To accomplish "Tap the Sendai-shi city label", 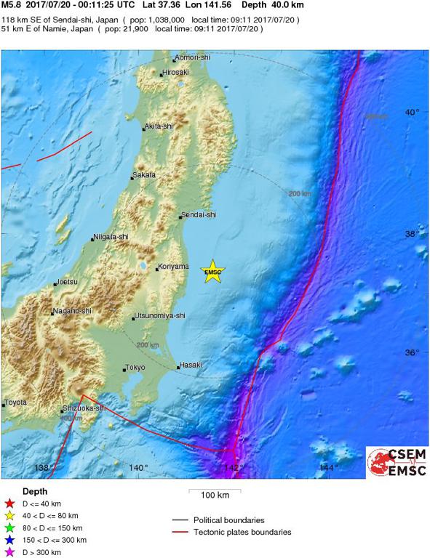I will [199, 216].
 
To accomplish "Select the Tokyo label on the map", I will [136, 368].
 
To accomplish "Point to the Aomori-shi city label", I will [192, 60].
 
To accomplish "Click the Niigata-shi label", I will [111, 238].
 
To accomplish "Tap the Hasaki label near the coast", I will [191, 365].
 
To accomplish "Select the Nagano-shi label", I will [71, 312].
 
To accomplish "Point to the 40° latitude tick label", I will [413, 112].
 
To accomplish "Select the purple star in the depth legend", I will [9, 551].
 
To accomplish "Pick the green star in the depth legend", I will [9, 527].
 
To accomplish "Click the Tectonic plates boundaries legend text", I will [242, 533].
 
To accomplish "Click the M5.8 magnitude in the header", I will [12, 5].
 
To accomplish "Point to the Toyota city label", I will [15, 403].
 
